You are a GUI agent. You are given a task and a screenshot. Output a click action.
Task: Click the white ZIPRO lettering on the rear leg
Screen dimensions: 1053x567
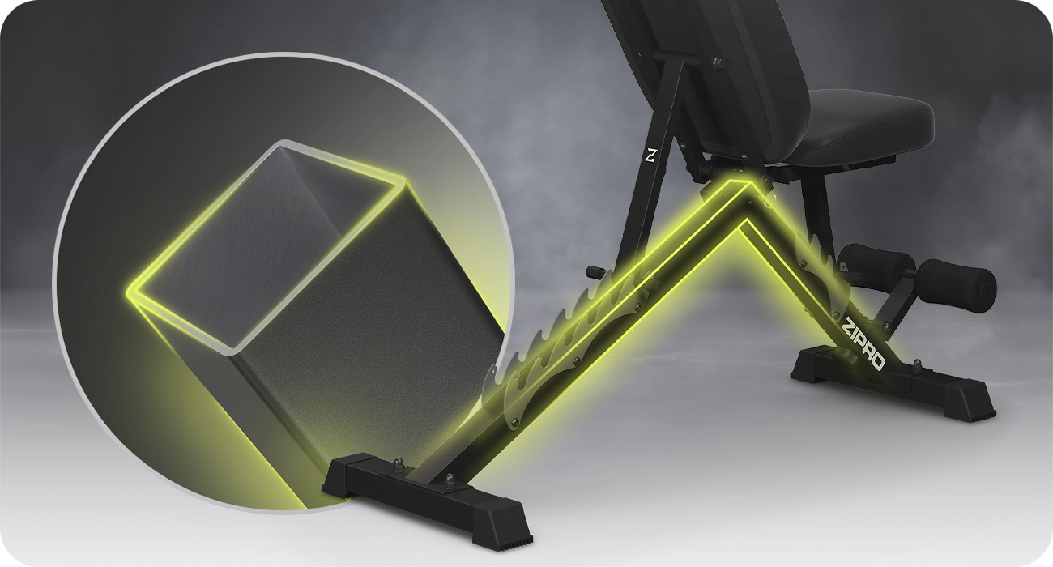pyautogui.click(x=863, y=344)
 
